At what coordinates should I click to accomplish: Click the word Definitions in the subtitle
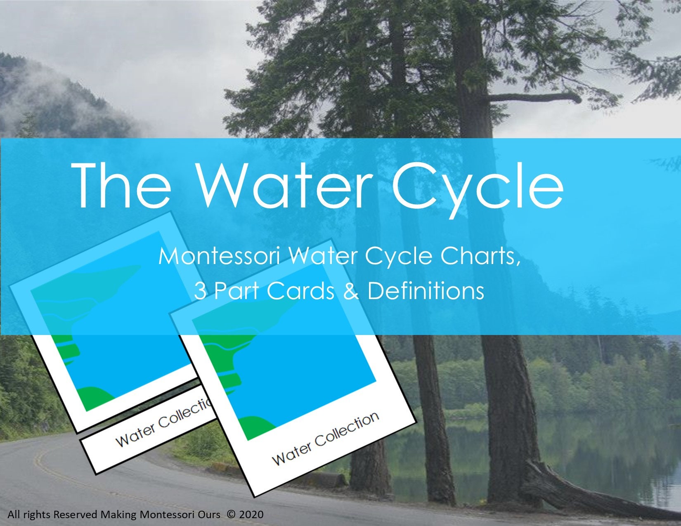[426, 290]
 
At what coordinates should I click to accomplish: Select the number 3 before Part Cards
[200, 291]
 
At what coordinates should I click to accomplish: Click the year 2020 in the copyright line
[251, 514]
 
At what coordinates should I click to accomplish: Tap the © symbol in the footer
[231, 514]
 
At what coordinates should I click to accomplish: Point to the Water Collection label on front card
[325, 438]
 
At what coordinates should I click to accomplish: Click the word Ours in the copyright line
[210, 514]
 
